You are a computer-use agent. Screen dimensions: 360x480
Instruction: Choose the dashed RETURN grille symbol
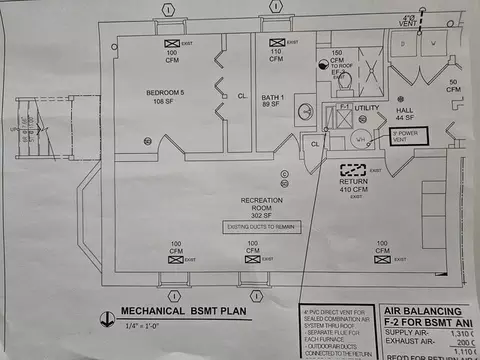[x=352, y=171]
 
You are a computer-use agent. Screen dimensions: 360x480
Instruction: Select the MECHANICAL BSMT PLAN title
[x=179, y=311]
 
